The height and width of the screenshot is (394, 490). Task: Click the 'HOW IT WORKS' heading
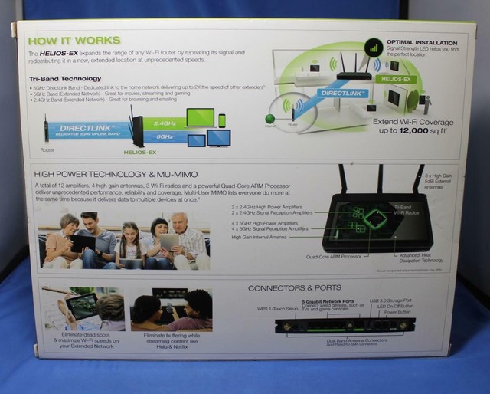coord(73,40)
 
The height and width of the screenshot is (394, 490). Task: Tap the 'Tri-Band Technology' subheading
coord(65,79)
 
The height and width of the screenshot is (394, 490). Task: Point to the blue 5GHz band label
coord(165,136)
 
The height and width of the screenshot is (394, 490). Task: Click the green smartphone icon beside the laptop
coord(222,120)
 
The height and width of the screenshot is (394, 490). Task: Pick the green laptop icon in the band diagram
coord(200,118)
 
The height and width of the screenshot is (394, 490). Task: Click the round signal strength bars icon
coord(374,47)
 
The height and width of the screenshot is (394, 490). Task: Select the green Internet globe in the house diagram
coord(269,118)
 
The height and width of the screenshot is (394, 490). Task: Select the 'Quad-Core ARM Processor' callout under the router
coord(333,258)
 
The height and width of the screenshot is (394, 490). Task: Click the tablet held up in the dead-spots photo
coord(79,308)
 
